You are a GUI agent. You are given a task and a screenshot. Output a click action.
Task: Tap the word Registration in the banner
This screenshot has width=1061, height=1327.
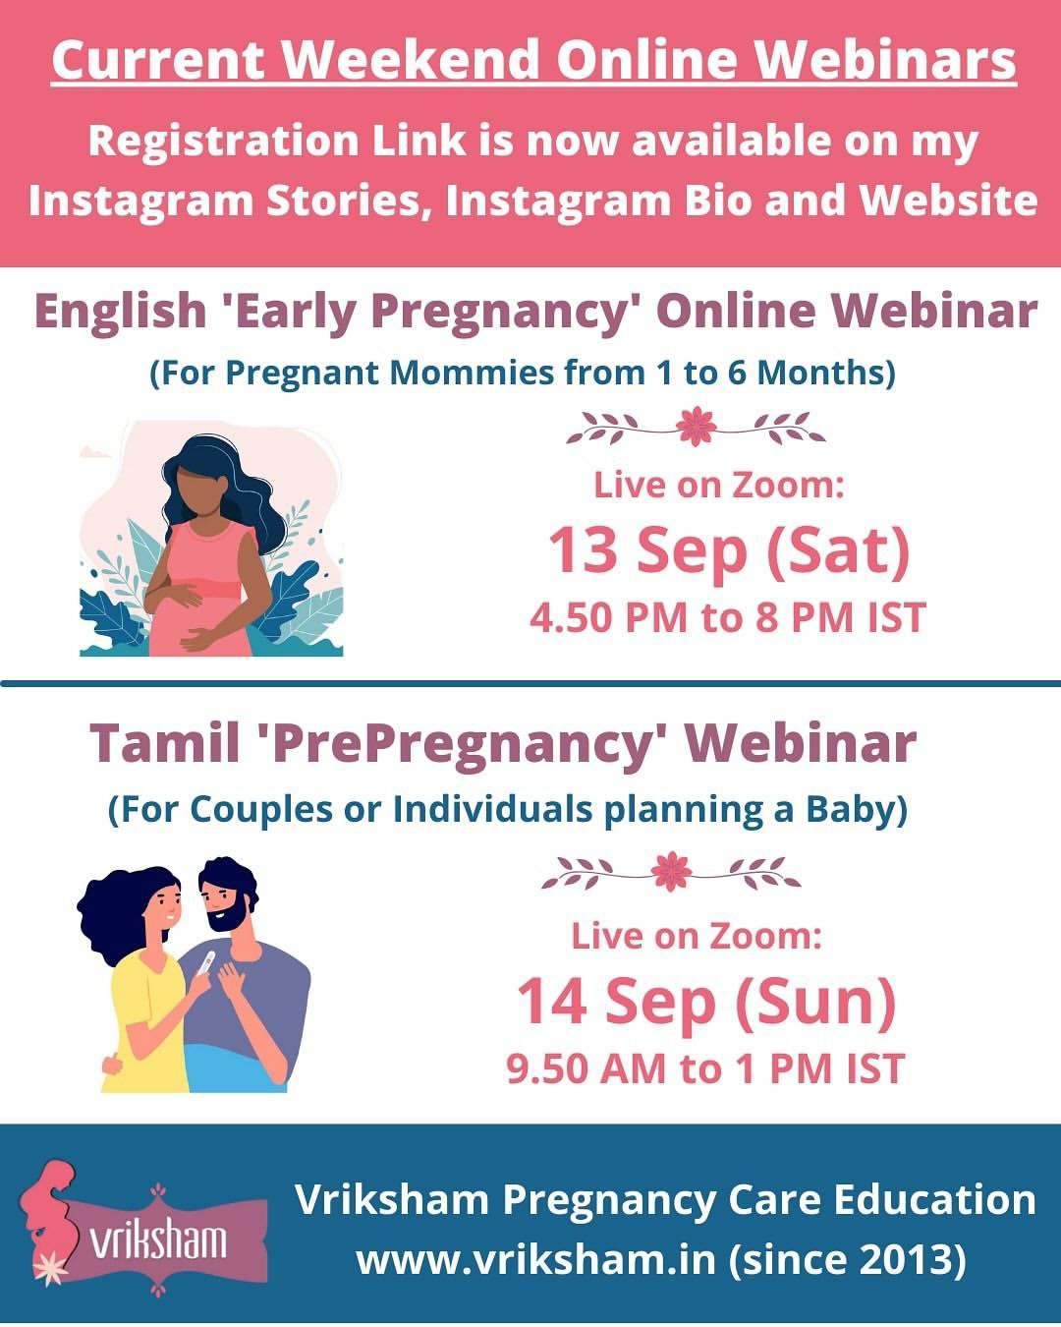(x=223, y=141)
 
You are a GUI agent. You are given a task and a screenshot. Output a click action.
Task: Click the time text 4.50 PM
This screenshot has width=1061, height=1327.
(x=608, y=617)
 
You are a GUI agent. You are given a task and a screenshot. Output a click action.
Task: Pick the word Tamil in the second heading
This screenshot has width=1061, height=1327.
(x=165, y=742)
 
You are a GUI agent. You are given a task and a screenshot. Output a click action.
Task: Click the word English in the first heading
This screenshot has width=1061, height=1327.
(x=121, y=311)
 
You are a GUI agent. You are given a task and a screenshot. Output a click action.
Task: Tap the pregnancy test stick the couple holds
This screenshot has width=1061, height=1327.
(x=206, y=962)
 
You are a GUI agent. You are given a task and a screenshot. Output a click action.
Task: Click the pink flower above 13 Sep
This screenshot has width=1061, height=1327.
(x=696, y=426)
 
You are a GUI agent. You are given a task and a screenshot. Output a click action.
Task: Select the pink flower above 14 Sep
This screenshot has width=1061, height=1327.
(x=671, y=871)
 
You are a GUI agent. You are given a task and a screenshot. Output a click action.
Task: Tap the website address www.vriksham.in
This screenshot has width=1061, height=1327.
(x=535, y=1258)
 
